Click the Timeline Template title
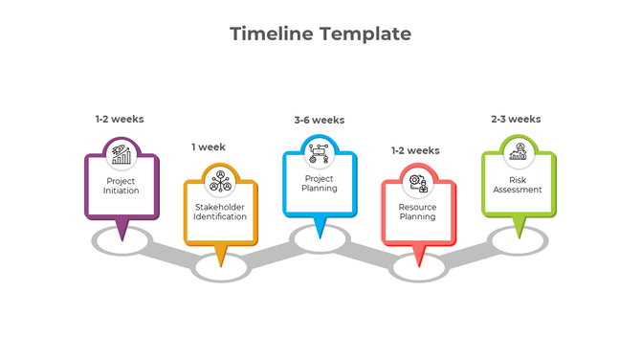320,34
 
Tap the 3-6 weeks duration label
320,121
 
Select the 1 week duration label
209,147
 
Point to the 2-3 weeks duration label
516,120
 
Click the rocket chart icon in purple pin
122,153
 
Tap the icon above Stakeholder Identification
220,180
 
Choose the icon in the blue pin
320,151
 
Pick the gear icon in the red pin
417,182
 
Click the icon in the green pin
518,151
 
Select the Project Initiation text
122,186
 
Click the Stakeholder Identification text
220,212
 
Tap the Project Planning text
320,183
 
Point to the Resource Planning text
417,212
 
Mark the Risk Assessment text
518,184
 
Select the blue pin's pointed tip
320,236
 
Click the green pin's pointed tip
518,236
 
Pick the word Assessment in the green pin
518,190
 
